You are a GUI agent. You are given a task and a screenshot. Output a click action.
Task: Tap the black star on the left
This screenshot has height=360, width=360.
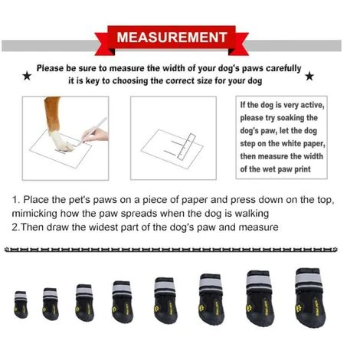point(28,76)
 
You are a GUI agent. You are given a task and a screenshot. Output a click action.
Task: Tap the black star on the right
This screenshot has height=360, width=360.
point(309,76)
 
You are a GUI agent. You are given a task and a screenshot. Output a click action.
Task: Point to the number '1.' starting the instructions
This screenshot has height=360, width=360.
point(16,200)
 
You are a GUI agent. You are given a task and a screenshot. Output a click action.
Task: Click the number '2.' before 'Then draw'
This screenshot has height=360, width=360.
point(16,227)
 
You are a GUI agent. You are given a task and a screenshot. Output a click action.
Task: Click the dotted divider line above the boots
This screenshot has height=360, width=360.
point(180,250)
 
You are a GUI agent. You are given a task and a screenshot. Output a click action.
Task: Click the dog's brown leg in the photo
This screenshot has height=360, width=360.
point(52,111)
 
